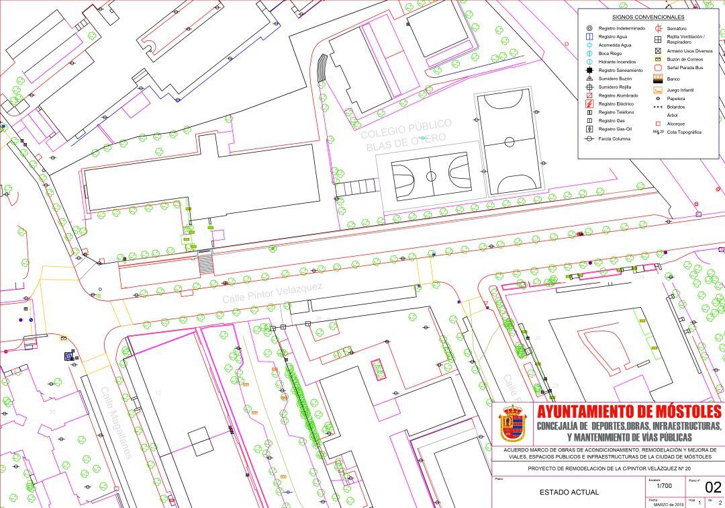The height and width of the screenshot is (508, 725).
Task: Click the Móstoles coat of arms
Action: (x=513, y=423)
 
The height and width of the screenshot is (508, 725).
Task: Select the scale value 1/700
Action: (x=663, y=485)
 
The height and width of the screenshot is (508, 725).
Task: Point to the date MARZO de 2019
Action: (x=668, y=504)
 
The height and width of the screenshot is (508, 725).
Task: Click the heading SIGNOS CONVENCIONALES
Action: (x=648, y=17)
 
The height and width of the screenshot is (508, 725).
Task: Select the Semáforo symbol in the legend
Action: (x=659, y=28)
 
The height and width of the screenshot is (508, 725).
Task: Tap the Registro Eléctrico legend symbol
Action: (x=589, y=104)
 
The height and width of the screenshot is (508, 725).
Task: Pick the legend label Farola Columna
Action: (x=614, y=138)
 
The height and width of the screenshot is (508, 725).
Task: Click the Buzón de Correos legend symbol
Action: (x=659, y=59)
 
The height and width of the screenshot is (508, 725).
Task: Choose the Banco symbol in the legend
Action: (x=659, y=79)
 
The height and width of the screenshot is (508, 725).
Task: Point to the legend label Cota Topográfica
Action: (x=684, y=132)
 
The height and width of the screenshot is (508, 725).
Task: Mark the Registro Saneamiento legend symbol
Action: (x=589, y=70)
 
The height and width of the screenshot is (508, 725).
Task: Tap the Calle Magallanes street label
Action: (x=117, y=421)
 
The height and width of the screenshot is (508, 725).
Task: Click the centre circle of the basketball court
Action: (x=431, y=176)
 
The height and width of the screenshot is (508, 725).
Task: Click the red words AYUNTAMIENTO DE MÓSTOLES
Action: (x=629, y=411)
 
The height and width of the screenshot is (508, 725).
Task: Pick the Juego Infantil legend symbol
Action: (x=659, y=89)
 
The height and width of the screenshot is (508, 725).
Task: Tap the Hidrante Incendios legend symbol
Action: (x=589, y=62)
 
